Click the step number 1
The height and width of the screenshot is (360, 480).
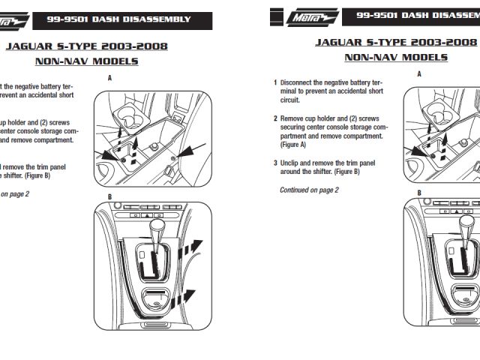click(275, 82)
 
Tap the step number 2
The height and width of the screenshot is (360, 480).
click(275, 118)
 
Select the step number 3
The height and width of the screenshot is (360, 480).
click(275, 163)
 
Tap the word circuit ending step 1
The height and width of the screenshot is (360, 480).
click(289, 100)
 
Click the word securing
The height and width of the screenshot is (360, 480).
click(295, 127)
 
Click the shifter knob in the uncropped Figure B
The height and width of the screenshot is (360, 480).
click(157, 226)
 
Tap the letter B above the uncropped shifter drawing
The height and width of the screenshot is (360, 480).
click(109, 196)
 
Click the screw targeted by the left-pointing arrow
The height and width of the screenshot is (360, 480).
click(173, 160)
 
